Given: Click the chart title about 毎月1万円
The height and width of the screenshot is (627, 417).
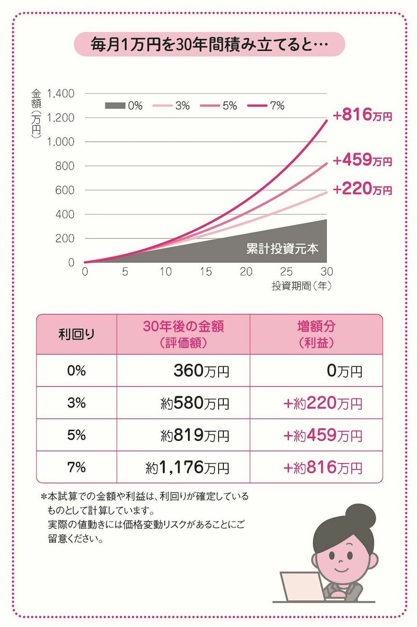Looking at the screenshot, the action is [209, 45].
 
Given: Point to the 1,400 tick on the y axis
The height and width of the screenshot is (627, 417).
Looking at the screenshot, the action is [61, 93].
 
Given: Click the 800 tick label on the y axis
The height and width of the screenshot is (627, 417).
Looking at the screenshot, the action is [65, 166].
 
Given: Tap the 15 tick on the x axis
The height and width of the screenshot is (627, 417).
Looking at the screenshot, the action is [206, 271].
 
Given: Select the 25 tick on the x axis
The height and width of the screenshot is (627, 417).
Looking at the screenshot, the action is [286, 271].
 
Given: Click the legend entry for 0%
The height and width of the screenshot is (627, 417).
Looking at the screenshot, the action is [124, 106].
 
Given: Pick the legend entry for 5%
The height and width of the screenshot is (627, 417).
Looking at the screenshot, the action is [219, 106].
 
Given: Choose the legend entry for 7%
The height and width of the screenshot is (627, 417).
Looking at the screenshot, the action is [266, 106].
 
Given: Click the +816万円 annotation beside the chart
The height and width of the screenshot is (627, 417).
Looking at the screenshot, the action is [362, 115].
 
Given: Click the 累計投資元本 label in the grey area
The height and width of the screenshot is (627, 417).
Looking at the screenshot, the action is [282, 248].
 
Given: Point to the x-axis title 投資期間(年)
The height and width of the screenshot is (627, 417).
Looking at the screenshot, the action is [301, 286].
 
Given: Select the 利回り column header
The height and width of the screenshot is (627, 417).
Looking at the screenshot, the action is [77, 334].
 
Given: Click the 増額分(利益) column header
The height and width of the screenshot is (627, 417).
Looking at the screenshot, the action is [316, 334].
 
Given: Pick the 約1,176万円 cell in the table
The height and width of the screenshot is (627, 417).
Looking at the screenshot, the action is [187, 467].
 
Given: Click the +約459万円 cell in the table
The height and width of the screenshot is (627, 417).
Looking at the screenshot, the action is [323, 435].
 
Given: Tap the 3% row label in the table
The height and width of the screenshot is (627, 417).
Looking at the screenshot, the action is [77, 403].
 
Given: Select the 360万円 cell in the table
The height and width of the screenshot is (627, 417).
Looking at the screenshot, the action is [201, 370].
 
